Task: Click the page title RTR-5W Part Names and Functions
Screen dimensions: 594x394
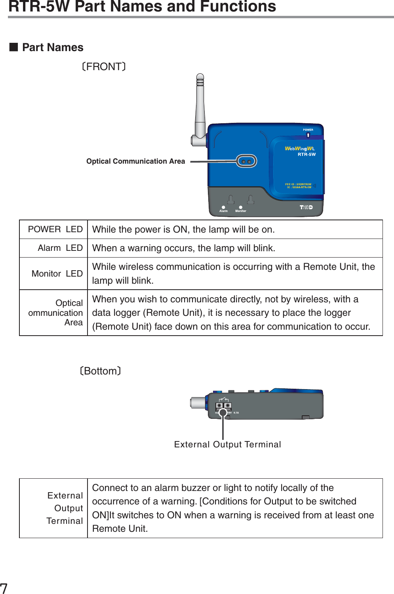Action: [142, 6]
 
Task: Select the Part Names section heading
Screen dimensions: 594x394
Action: [52, 48]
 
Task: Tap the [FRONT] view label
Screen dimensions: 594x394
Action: [104, 67]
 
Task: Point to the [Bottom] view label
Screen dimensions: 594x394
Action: [100, 371]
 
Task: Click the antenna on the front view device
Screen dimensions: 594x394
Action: [200, 107]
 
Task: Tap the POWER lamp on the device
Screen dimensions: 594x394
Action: [308, 135]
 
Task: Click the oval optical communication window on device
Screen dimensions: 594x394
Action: [246, 161]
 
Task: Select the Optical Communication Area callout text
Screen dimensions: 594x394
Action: [135, 161]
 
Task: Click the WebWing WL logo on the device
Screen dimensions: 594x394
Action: [300, 149]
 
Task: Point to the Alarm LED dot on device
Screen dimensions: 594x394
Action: [223, 207]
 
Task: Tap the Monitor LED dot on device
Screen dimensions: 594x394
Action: [240, 207]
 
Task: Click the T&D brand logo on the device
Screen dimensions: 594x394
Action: [306, 207]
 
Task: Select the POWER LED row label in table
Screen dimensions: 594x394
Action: [55, 229]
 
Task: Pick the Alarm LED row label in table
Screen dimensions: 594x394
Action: [60, 248]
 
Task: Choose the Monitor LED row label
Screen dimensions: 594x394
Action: [57, 274]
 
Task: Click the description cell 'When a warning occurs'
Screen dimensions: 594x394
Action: [184, 248]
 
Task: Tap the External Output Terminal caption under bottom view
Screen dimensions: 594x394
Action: [227, 445]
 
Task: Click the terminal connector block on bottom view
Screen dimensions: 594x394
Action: [223, 406]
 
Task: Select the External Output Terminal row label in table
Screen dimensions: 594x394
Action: [65, 508]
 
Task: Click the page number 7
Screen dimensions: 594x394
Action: [4, 588]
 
